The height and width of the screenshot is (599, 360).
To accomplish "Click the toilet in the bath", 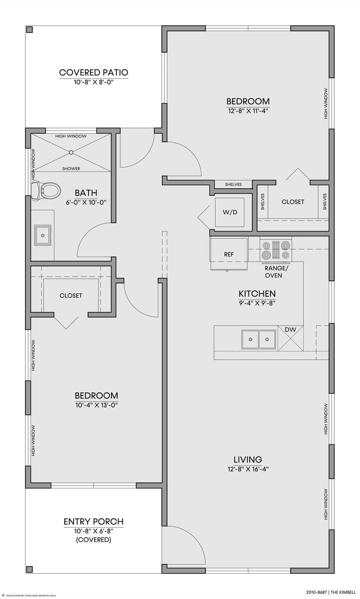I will (47, 190).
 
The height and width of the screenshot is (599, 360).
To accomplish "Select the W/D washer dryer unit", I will (230, 212).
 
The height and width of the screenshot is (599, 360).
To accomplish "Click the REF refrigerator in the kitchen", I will (229, 254).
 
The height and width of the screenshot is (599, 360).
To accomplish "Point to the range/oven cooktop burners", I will (276, 250).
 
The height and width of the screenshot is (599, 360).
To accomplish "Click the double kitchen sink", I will (259, 339).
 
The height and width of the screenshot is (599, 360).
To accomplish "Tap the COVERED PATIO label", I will (93, 73).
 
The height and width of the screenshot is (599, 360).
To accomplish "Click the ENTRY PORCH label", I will (93, 522).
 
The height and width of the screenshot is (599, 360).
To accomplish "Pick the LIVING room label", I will (248, 459).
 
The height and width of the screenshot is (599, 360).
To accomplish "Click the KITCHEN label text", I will (256, 293).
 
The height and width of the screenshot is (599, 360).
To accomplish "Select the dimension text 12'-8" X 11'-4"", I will (248, 111).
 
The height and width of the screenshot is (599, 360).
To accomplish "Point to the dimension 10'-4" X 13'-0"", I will (96, 405).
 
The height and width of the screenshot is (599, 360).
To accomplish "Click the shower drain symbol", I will (71, 152).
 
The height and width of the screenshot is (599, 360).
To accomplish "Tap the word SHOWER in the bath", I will (71, 169).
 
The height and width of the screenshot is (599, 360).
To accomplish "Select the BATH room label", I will (86, 193).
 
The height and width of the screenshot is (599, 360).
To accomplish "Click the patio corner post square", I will (30, 30).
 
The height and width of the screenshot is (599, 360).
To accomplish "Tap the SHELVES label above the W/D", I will (233, 185).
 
